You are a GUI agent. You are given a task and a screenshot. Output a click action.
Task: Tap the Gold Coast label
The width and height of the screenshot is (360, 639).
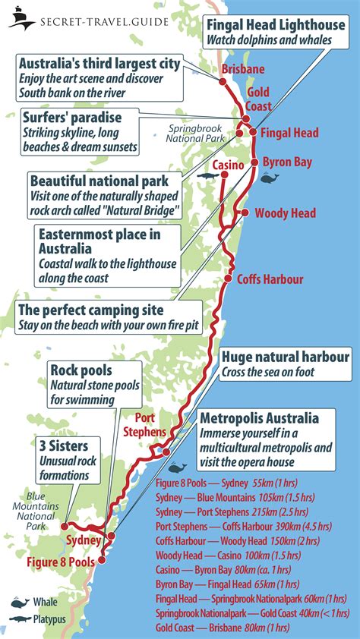click(257, 98)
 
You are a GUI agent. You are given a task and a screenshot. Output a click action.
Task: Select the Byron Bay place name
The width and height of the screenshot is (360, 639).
click(286, 162)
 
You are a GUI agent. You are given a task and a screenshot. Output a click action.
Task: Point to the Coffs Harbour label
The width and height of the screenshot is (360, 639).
click(270, 279)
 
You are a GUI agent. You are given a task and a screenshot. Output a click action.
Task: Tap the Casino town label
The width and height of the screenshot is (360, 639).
click(228, 165)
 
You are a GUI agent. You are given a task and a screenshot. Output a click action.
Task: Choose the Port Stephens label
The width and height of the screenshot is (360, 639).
click(150, 424)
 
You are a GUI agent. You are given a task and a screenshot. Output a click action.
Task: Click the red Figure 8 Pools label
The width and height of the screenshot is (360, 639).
click(61, 562)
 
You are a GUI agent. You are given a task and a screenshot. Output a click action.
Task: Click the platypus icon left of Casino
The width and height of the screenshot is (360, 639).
click(205, 175)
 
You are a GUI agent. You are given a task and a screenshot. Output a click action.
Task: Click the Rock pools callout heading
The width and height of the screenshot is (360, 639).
click(81, 370)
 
